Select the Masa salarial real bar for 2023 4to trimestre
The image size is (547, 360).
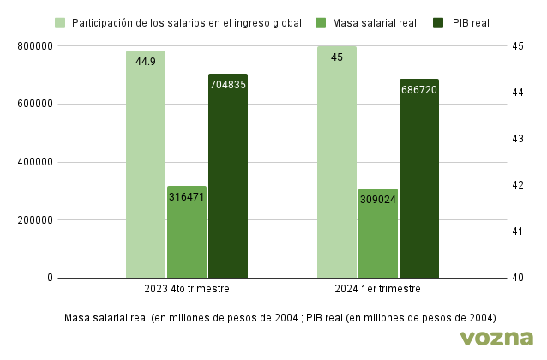coord(186,240)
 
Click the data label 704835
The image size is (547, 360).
coord(227,84)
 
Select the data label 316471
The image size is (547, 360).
coord(186,196)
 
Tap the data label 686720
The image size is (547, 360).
coord(418,89)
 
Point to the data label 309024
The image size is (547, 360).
coord(377,200)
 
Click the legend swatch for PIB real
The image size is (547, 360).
coord(439,22)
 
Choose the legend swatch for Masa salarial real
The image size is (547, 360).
coord(321,22)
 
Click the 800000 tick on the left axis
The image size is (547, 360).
coord(35,46)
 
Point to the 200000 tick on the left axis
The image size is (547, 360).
coord(35,220)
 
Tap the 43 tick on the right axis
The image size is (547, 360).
coord(517,139)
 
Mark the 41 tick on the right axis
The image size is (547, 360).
coord(517,231)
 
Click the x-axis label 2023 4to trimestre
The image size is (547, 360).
coord(186,290)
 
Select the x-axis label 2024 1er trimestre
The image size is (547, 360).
coord(377,290)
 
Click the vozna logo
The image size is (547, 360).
coord(496,338)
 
